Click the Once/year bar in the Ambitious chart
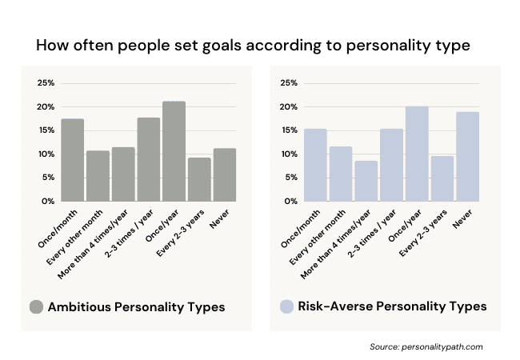coord(174,151)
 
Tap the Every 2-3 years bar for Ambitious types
coord(199,179)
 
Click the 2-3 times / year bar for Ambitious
coord(148,159)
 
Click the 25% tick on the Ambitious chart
coord(46,83)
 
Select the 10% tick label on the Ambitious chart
coord(46,154)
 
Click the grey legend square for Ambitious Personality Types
coord(36,306)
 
